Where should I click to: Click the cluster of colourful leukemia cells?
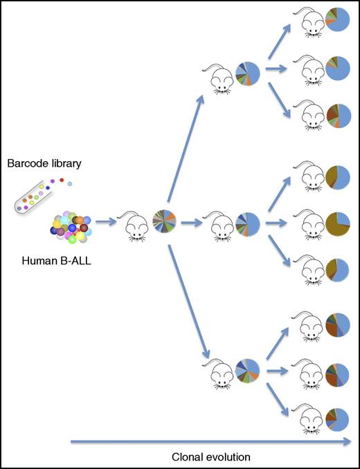[x=71, y=225]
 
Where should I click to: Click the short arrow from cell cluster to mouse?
[x=105, y=223]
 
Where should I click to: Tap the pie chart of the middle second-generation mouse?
[x=247, y=223]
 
